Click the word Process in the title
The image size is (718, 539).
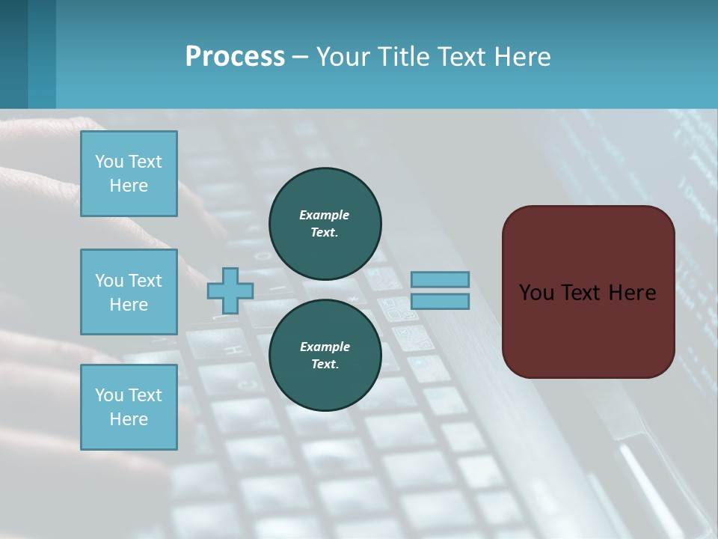click(235, 57)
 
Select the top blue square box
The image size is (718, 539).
click(129, 174)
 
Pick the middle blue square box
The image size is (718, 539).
click(129, 292)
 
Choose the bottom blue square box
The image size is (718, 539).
click(129, 406)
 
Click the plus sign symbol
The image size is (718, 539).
click(230, 290)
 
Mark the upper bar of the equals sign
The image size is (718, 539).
click(440, 279)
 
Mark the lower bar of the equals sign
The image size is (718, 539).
click(440, 302)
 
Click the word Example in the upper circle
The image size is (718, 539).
click(325, 215)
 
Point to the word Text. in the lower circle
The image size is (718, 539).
click(325, 365)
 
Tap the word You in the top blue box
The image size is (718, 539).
click(108, 162)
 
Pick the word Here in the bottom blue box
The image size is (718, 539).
click(129, 419)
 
